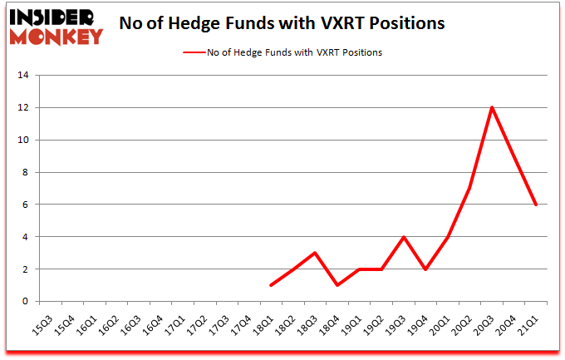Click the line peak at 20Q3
[x=492, y=107]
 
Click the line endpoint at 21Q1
[x=537, y=205]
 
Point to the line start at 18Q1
[x=270, y=285]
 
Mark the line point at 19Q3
[x=404, y=237]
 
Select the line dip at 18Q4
[x=337, y=285]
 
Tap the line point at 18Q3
[x=315, y=253]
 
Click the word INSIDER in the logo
[x=57, y=17]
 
